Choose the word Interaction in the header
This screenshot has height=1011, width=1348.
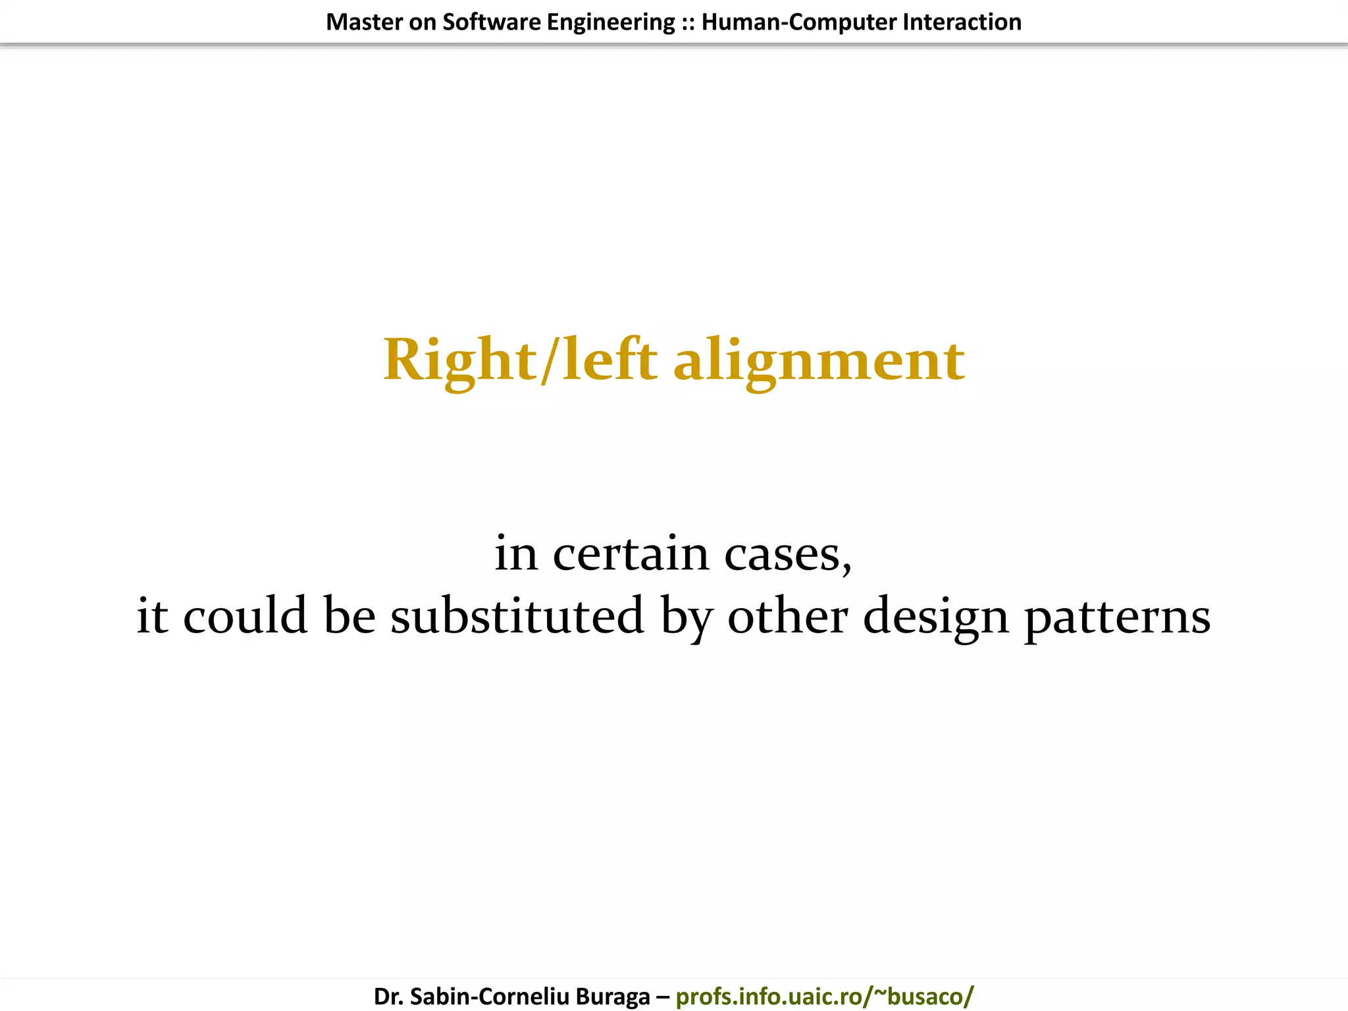pyautogui.click(x=962, y=22)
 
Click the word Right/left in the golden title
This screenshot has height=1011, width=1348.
pyautogui.click(x=520, y=360)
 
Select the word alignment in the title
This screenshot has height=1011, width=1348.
pyautogui.click(x=819, y=361)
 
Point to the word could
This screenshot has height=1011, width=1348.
pyautogui.click(x=245, y=615)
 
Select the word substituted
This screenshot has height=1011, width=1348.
pyautogui.click(x=517, y=615)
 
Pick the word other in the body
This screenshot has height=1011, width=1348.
pyautogui.click(x=787, y=615)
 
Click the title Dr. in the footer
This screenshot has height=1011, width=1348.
pyautogui.click(x=388, y=997)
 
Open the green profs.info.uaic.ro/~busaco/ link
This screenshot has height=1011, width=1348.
pyautogui.click(x=824, y=997)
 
